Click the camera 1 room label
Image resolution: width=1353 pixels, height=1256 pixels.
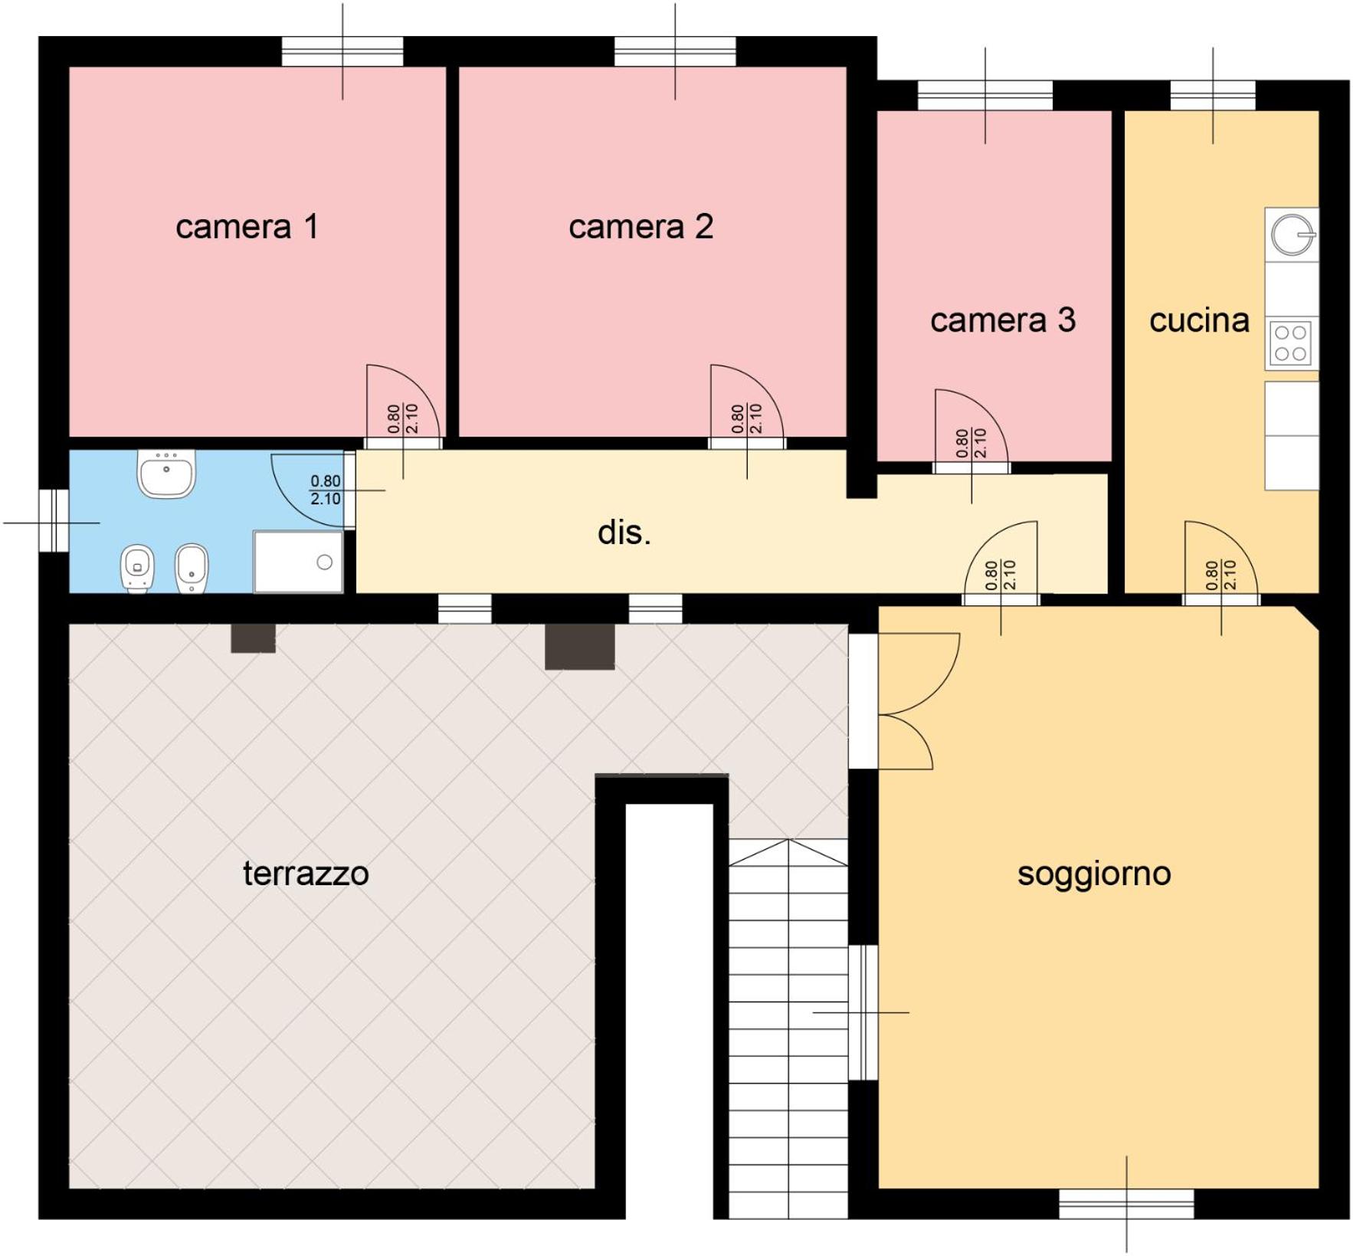(x=247, y=227)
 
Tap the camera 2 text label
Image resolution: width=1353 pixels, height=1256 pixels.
(x=640, y=227)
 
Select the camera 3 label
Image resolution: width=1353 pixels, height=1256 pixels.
(x=1003, y=320)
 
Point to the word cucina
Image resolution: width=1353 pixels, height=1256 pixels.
(x=1199, y=320)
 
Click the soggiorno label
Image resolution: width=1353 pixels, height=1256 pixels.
(x=1094, y=874)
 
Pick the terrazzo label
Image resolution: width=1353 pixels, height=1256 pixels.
(x=306, y=874)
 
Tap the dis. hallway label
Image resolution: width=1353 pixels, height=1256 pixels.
(x=624, y=532)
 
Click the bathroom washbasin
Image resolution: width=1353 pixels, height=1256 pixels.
(x=166, y=474)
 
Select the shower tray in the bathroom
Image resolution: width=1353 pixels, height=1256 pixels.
(x=299, y=562)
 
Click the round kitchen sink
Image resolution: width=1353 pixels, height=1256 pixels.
(x=1292, y=234)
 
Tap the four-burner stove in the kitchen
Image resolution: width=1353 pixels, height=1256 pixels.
(x=1290, y=343)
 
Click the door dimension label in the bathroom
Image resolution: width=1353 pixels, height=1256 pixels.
(x=326, y=490)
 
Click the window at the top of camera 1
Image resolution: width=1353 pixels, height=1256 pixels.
(x=342, y=52)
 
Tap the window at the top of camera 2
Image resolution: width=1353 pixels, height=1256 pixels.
(x=675, y=52)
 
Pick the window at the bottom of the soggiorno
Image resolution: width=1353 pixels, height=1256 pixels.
(x=1126, y=1204)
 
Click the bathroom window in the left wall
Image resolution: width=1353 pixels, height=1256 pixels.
(x=54, y=520)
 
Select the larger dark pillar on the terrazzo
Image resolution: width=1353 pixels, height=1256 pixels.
(x=580, y=647)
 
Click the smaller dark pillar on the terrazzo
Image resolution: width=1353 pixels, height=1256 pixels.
(x=254, y=638)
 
